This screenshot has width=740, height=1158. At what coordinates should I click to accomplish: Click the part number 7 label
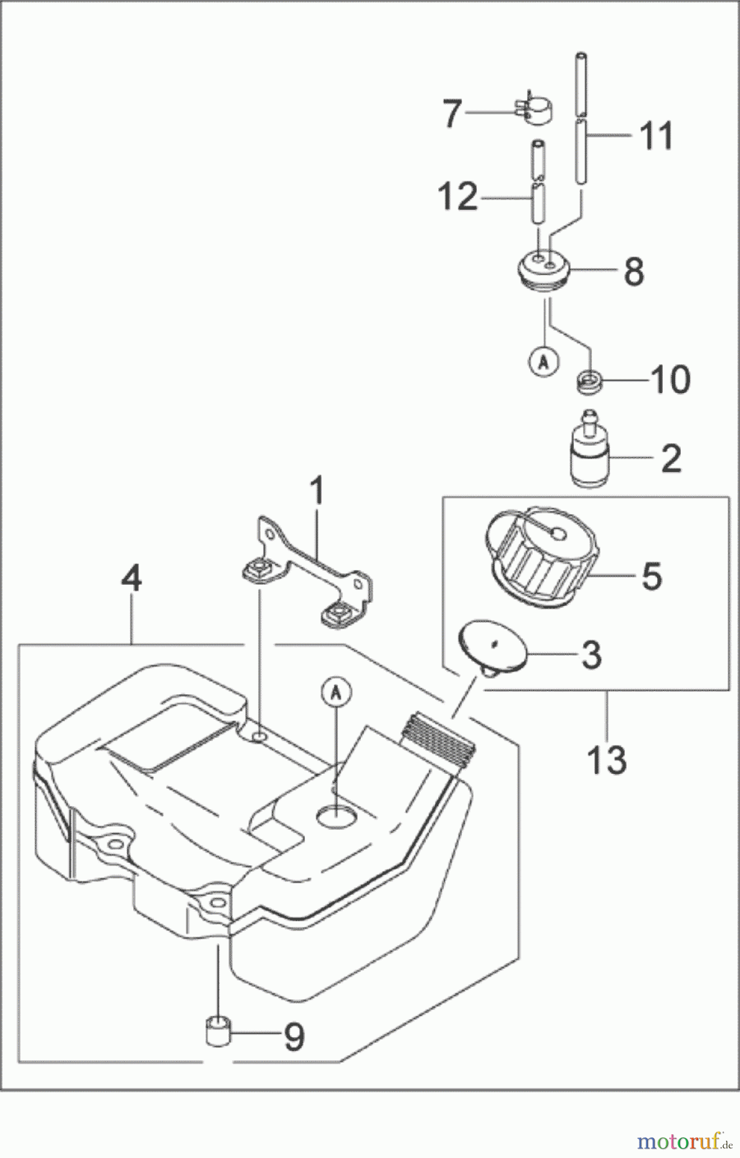[x=452, y=115]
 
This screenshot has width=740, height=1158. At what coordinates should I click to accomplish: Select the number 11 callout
[x=656, y=136]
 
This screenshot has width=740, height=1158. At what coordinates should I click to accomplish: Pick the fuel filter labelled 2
[x=588, y=455]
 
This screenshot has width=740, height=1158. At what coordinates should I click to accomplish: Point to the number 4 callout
[x=131, y=581]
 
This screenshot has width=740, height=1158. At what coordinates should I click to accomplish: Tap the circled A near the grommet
[x=544, y=362]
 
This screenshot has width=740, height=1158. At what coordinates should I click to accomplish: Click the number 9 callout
[x=293, y=1036]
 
